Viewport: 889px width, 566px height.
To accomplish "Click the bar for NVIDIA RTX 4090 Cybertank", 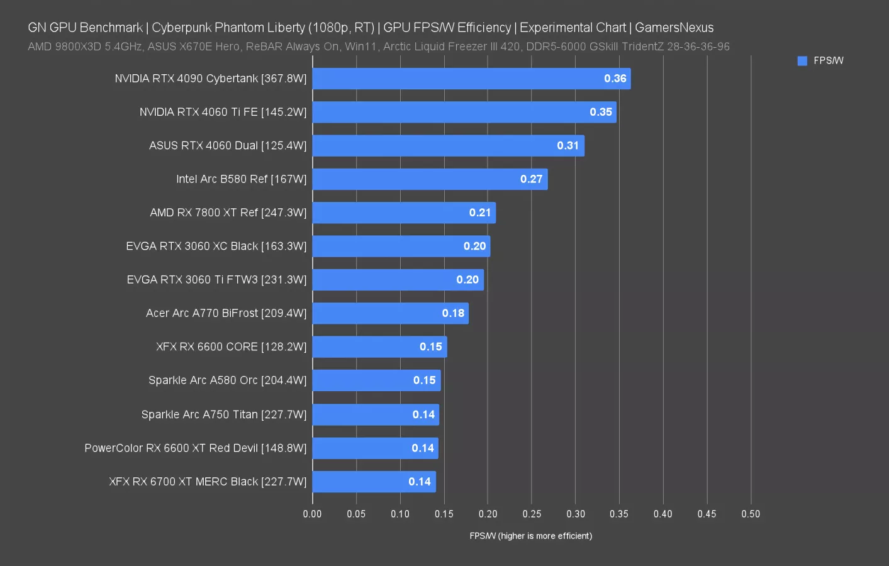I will [471, 79].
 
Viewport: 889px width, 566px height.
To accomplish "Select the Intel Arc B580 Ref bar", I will [430, 179].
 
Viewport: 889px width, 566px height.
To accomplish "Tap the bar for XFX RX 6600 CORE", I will [379, 347].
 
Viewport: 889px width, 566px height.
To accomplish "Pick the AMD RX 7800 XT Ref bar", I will [404, 213].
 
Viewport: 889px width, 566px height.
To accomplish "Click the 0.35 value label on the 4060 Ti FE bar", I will [601, 112].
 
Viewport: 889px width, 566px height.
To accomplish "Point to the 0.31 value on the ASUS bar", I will [568, 145].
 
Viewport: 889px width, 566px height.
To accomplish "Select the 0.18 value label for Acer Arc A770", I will [453, 313].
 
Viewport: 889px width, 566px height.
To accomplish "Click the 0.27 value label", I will [531, 179].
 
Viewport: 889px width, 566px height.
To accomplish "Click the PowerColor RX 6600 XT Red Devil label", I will [195, 448].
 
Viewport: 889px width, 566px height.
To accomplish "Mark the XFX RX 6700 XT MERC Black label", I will [208, 482].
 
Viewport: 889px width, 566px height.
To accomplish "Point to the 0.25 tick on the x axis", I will [532, 514].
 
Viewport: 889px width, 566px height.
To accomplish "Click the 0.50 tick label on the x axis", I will [751, 514].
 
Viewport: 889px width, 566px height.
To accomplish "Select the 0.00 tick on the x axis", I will [312, 514].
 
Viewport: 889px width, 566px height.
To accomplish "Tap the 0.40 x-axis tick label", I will [663, 514].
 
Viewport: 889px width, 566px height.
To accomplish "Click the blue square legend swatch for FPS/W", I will [802, 61].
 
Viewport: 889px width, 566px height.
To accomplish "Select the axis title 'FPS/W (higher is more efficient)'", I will [530, 536].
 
